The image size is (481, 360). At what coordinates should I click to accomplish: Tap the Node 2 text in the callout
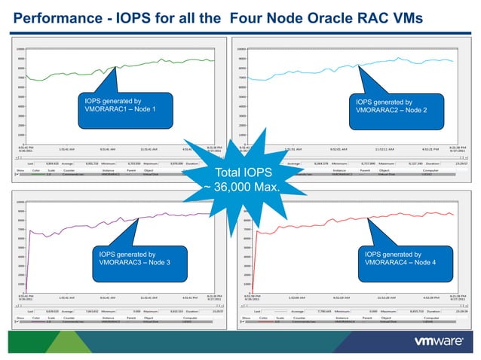click(x=410, y=110)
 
